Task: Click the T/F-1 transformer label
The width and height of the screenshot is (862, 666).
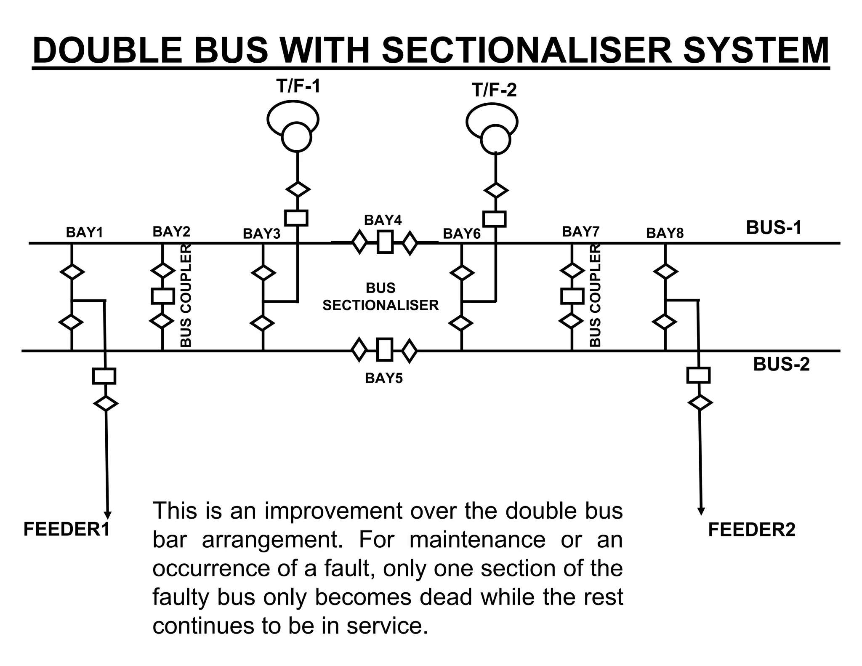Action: click(x=298, y=86)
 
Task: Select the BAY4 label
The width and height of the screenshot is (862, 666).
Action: click(x=383, y=220)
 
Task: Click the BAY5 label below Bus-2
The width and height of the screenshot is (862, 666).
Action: click(x=383, y=378)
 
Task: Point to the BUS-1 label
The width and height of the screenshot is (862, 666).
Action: click(x=774, y=227)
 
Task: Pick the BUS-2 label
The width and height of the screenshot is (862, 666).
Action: click(x=781, y=364)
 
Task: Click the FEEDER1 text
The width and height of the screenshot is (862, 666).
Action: click(x=67, y=529)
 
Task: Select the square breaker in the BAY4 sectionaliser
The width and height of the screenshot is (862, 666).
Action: click(x=385, y=242)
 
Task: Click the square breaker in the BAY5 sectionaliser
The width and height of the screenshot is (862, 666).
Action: click(x=384, y=350)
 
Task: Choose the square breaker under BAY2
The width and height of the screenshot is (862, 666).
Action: click(x=162, y=296)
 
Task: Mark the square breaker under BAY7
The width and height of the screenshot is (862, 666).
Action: click(x=572, y=296)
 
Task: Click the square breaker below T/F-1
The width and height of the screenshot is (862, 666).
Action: click(x=296, y=218)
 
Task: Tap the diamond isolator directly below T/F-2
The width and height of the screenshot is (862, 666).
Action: click(x=496, y=190)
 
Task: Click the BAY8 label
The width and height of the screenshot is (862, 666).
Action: click(x=665, y=233)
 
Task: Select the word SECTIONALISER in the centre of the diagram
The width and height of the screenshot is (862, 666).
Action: click(x=380, y=305)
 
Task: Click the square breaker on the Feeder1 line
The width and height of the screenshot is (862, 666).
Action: click(x=104, y=376)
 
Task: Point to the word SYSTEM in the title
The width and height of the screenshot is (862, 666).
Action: click(x=756, y=51)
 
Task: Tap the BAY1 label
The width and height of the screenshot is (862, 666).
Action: click(x=85, y=232)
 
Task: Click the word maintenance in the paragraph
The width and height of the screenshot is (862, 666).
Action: click(x=477, y=539)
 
